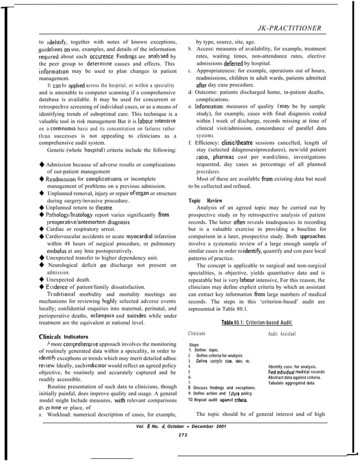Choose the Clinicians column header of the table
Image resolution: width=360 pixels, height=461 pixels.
200,334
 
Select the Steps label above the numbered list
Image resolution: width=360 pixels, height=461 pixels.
194,344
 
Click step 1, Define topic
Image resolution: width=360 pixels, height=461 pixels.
208,350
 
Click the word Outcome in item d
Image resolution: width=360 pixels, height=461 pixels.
211,91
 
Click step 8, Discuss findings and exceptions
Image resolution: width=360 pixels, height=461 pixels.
223,388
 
